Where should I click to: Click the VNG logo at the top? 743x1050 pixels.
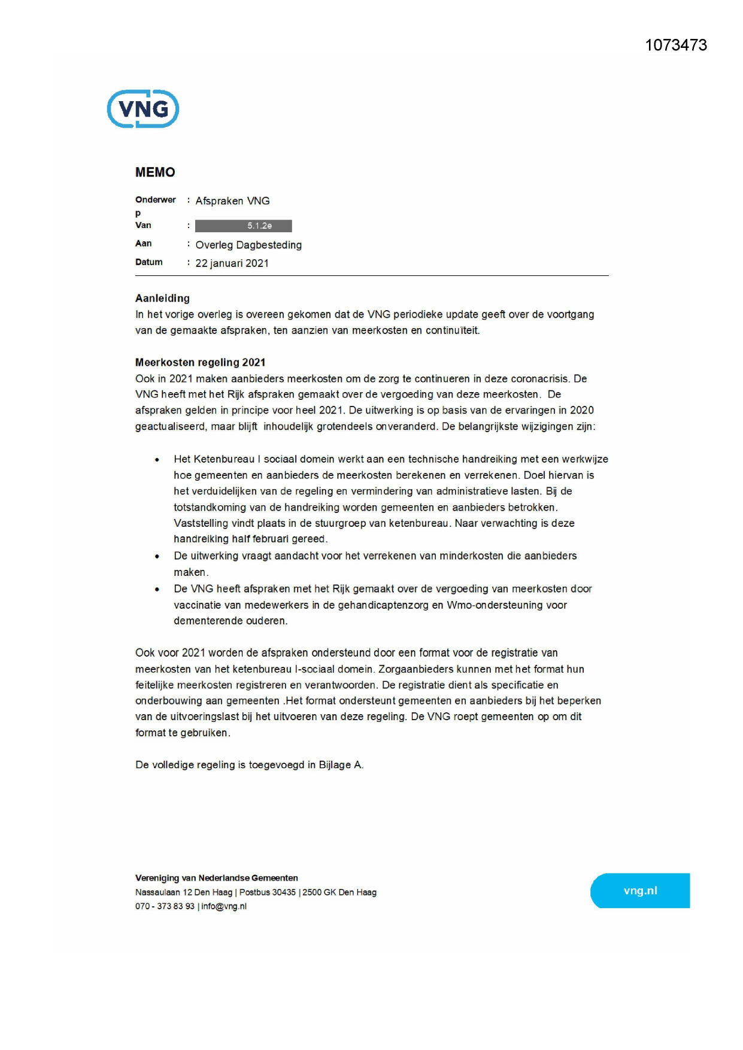click(143, 109)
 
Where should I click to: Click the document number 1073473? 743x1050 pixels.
click(676, 45)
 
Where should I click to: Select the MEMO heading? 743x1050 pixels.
click(155, 172)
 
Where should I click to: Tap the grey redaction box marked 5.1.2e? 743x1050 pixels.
click(244, 226)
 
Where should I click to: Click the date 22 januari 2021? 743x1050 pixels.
click(232, 263)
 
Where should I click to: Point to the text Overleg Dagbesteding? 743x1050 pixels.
click(248, 245)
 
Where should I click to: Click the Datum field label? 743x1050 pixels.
click(149, 262)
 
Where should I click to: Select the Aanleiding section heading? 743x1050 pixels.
click(162, 298)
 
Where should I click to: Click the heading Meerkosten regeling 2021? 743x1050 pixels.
click(200, 362)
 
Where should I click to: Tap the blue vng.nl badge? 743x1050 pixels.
click(640, 891)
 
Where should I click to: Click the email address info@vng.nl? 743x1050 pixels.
click(224, 906)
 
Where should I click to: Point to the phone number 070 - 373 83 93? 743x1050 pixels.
click(165, 906)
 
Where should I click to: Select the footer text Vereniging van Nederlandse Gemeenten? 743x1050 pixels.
click(216, 878)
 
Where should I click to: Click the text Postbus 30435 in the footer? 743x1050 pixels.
click(268, 893)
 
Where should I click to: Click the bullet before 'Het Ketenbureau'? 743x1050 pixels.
click(157, 460)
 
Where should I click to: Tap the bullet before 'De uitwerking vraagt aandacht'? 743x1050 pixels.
click(157, 556)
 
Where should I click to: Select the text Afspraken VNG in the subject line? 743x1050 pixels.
click(232, 201)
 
